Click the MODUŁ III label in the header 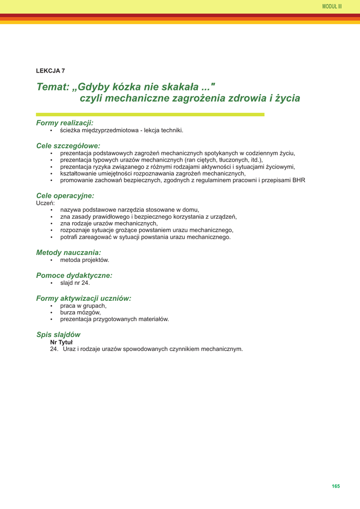coord(332,6)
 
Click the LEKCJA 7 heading coord(51,71)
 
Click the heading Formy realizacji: coord(65,123)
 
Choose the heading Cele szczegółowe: coord(68,146)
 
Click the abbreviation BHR coord(298,180)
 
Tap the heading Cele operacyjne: coord(65,196)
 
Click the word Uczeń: coord(45,203)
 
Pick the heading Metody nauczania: coord(69,253)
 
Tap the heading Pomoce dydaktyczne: coord(74,275)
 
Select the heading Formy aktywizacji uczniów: coord(84,298)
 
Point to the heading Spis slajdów coord(58,335)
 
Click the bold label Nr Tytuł coord(61,342)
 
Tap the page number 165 coord(336,486)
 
